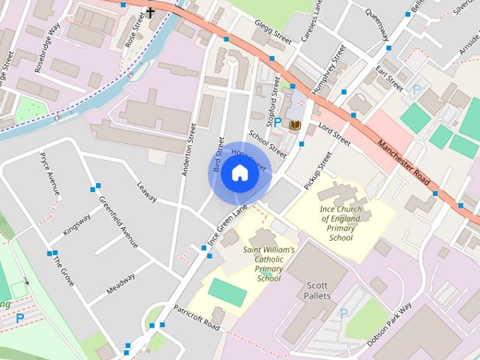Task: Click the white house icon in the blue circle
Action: point(238,173)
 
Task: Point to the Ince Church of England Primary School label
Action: point(340,221)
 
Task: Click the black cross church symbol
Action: point(150,13)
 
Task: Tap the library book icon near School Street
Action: point(295,124)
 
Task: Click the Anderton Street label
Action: point(188,149)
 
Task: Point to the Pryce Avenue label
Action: point(49,175)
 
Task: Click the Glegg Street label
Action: point(271,30)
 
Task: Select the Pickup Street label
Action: point(318,171)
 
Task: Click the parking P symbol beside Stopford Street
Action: point(277,121)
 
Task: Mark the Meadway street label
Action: point(120,288)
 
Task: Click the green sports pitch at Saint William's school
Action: point(227,292)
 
